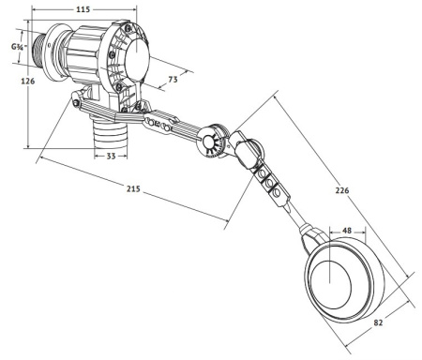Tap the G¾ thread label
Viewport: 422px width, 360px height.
pyautogui.click(x=17, y=45)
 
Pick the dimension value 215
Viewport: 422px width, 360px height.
pyautogui.click(x=133, y=190)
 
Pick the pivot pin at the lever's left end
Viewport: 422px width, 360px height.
pyautogui.click(x=73, y=103)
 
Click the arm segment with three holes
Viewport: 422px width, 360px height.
pyautogui.click(x=165, y=124)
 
